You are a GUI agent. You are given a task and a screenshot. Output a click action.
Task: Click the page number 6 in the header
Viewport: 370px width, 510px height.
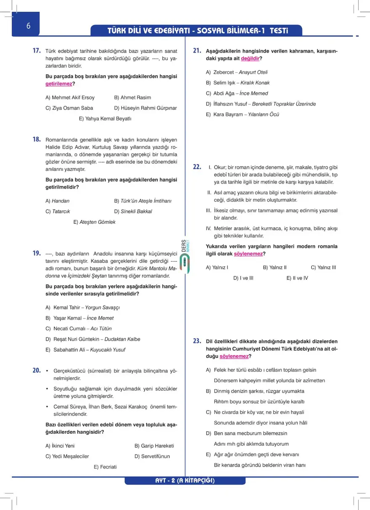[x=28, y=26]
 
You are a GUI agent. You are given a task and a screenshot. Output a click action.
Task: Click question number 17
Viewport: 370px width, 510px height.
[x=37, y=51]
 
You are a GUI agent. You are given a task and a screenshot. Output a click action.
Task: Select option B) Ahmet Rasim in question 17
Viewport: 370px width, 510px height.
[x=132, y=98]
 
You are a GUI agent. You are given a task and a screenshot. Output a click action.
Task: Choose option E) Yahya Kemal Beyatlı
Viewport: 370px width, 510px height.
[x=105, y=119]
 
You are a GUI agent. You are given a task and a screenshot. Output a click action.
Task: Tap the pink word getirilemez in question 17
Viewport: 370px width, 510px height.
[x=58, y=84]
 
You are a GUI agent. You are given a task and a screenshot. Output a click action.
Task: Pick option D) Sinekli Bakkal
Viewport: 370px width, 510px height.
[x=133, y=212]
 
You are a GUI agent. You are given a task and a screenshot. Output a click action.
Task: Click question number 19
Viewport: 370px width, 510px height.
[x=37, y=253]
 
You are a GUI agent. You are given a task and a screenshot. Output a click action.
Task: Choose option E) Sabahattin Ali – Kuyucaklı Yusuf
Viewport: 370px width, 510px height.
[x=85, y=350]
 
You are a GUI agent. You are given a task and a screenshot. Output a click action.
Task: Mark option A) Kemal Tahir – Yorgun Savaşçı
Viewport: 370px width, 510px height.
[x=83, y=308]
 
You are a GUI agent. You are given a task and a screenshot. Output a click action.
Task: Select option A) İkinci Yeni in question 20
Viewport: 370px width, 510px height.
[x=60, y=446]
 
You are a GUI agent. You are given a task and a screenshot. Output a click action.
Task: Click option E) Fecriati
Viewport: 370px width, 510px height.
[x=105, y=467]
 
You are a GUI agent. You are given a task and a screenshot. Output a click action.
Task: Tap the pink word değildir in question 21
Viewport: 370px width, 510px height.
[x=250, y=58]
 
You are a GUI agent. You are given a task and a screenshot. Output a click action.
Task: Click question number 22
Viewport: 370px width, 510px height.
[x=197, y=167]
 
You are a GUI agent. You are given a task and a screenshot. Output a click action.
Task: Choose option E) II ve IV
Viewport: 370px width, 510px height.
[x=297, y=278]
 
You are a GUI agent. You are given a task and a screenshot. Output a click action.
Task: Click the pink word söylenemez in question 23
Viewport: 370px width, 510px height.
[x=234, y=356]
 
